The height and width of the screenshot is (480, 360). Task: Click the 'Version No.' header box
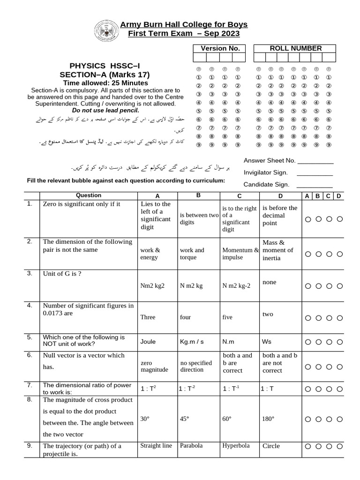[x=220, y=48]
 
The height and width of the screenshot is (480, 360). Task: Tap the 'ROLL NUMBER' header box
[x=295, y=48]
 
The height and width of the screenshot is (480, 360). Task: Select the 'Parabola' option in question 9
[x=191, y=446]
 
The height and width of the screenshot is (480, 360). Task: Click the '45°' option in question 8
[x=184, y=419]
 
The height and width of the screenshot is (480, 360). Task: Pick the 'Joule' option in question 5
[x=148, y=341]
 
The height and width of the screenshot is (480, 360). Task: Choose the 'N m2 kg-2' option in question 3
[x=237, y=285]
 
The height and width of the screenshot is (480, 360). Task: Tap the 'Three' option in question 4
[x=148, y=317]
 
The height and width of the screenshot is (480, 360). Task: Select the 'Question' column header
[x=88, y=195]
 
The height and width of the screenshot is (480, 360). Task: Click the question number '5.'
[x=30, y=337]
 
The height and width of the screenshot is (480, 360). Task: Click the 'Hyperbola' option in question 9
[x=236, y=446]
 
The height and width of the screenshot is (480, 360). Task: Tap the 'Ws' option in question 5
[x=266, y=341]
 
